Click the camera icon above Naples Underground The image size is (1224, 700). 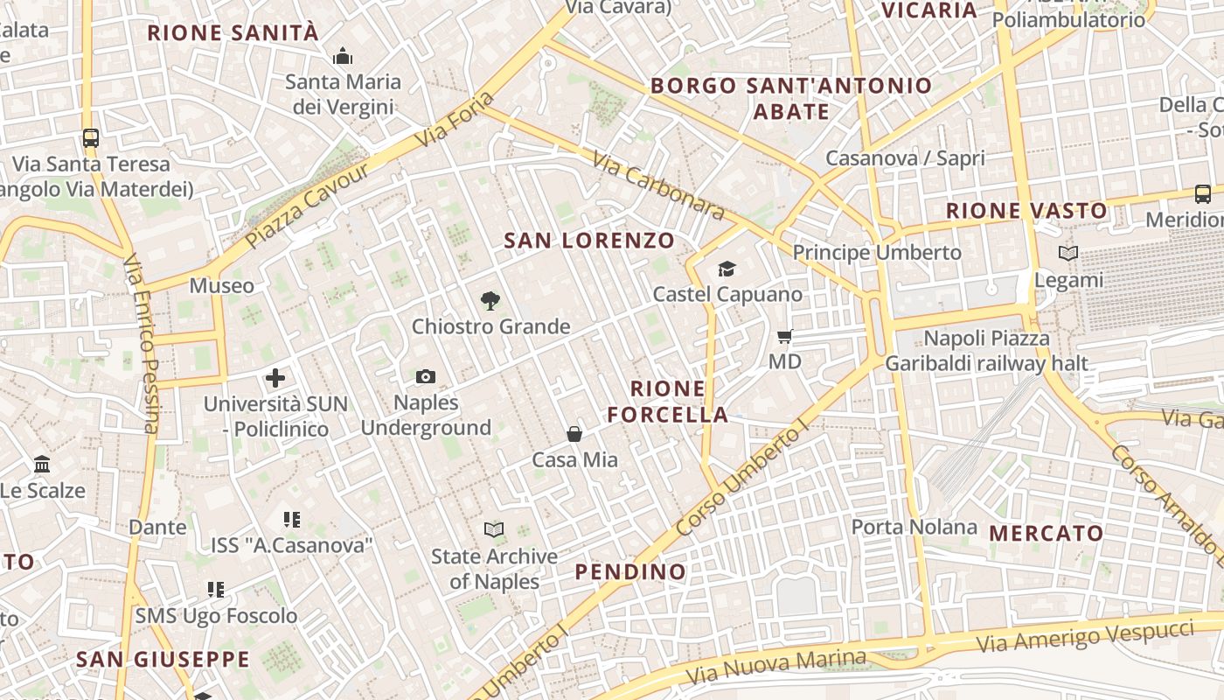click(426, 376)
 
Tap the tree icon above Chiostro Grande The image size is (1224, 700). click(490, 301)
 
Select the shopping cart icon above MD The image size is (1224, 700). click(785, 336)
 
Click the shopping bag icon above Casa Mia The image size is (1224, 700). click(574, 434)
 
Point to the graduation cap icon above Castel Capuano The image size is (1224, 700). click(727, 269)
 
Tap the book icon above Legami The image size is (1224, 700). click(1068, 254)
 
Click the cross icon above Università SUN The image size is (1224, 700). click(275, 378)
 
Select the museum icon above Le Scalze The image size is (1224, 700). click(42, 464)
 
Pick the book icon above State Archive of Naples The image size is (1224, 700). click(494, 529)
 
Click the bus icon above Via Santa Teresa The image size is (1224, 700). click(91, 137)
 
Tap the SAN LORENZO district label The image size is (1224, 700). click(589, 241)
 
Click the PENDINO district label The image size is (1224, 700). click(630, 572)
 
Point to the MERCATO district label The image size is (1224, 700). click(1046, 533)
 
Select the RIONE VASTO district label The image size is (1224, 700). click(1026, 211)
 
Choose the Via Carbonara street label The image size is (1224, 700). click(658, 185)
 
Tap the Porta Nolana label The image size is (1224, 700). click(914, 527)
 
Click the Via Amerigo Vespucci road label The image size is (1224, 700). click(1085, 636)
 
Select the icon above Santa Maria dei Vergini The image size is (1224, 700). click(343, 57)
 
